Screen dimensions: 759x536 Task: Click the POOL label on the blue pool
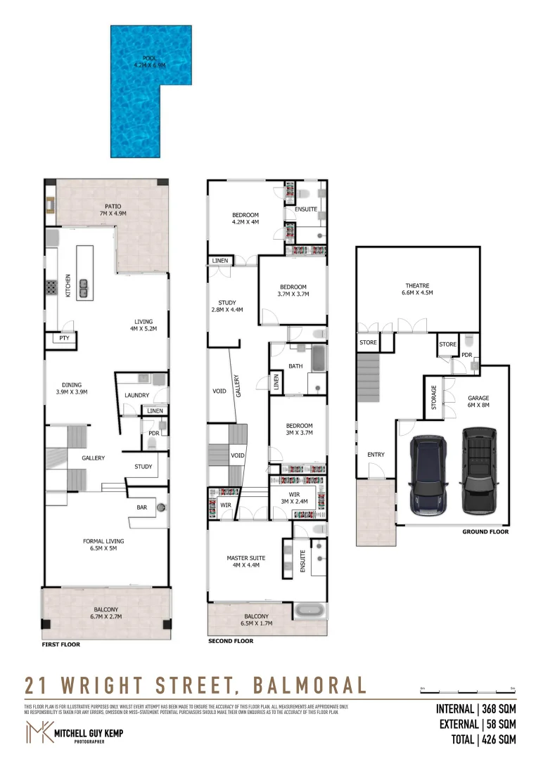tap(149, 62)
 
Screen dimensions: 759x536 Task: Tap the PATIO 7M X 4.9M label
tap(112, 209)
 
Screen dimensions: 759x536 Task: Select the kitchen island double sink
tap(83, 285)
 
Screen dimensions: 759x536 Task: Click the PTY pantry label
tap(64, 338)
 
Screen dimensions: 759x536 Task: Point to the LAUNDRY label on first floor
tap(136, 395)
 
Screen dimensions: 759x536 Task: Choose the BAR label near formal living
tap(141, 506)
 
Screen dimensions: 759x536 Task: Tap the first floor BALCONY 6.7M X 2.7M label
tap(106, 613)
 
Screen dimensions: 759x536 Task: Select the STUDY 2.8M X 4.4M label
tap(226, 306)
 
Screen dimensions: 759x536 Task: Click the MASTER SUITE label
tap(243, 562)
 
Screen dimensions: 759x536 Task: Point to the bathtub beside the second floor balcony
tap(310, 610)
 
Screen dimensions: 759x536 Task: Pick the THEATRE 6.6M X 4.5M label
tap(416, 289)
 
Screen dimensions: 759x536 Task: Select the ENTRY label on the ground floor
tap(376, 455)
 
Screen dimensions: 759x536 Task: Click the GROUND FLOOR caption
tap(485, 532)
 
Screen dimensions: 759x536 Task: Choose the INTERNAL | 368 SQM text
tap(476, 709)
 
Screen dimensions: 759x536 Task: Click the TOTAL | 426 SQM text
tap(484, 739)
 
